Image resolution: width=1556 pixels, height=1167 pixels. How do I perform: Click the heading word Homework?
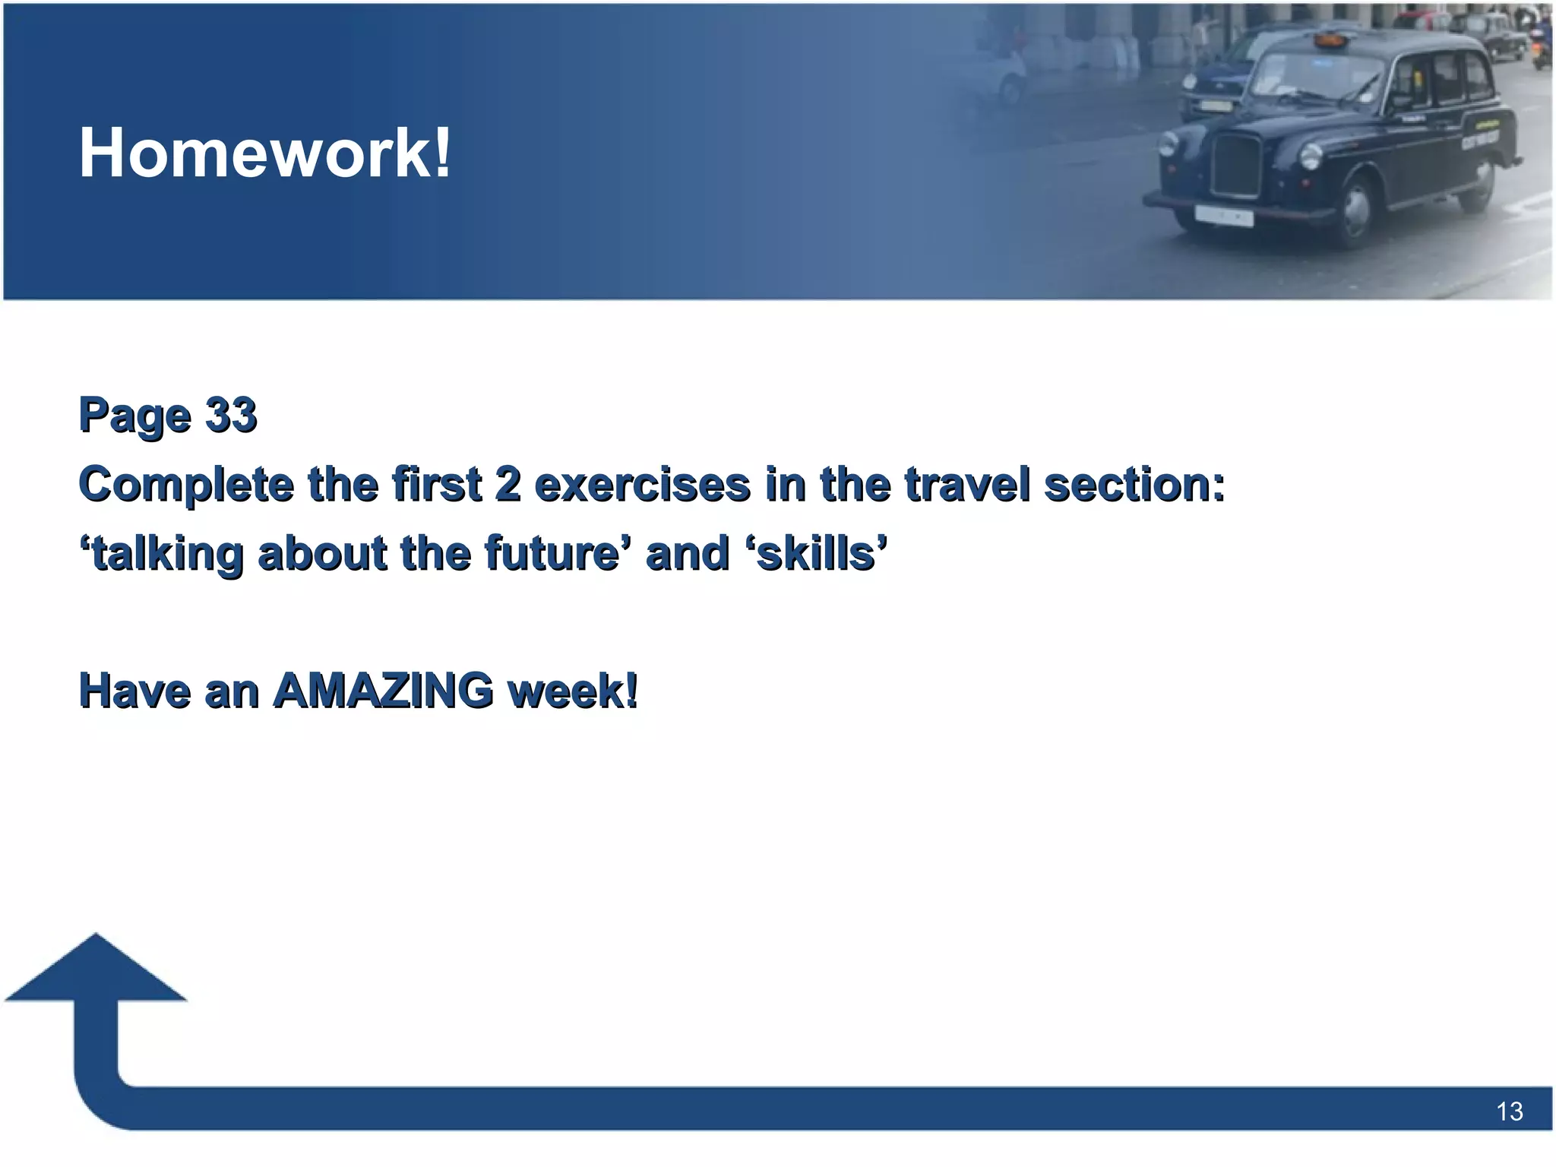pos(265,153)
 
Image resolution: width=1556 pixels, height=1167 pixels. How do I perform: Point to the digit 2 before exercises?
pos(508,484)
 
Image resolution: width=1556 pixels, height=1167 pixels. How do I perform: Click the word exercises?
pos(642,485)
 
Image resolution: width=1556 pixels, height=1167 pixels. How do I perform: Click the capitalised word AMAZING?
pos(384,691)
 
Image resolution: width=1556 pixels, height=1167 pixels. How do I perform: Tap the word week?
pos(573,691)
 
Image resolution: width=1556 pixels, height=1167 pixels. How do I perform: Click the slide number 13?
pos(1509,1112)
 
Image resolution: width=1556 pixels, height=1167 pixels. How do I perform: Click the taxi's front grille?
pos(1237,165)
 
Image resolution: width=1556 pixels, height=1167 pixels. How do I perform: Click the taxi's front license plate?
pos(1223,216)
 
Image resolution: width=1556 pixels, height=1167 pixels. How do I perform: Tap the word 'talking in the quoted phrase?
pos(161,553)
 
